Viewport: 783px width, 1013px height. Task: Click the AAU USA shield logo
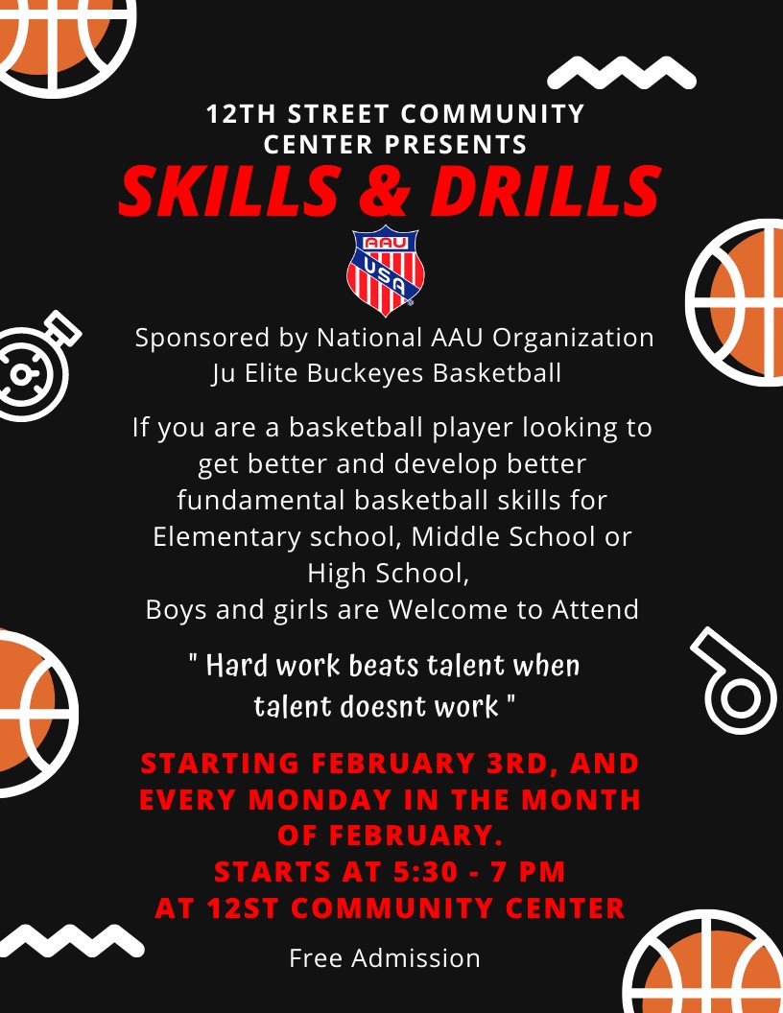click(x=385, y=271)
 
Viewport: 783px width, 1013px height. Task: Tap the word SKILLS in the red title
click(x=227, y=191)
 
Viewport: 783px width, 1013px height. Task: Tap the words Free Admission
click(x=385, y=957)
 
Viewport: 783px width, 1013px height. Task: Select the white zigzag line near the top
click(x=621, y=72)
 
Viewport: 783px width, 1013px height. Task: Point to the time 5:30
click(x=441, y=871)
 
